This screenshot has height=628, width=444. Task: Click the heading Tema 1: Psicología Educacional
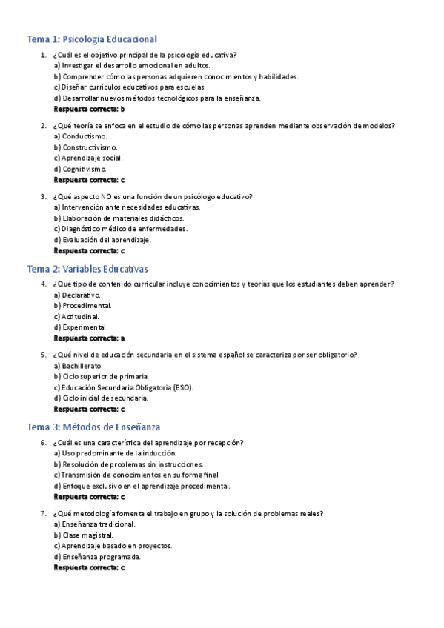pos(92,39)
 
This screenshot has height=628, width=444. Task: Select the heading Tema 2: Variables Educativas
pos(87,268)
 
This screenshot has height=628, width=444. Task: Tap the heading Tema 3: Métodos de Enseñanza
pos(93,427)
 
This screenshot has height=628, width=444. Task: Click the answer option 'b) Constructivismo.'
pos(85,147)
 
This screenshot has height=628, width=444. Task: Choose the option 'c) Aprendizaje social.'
pos(88,158)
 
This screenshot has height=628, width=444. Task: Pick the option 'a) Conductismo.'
pos(80,136)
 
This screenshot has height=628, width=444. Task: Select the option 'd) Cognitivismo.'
pos(80,169)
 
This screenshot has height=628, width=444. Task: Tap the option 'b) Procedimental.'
pos(83,305)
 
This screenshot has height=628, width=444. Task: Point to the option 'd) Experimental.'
pos(81,327)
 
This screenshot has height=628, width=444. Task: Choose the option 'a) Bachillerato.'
pos(79,366)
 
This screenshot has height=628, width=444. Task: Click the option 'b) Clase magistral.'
pos(83,535)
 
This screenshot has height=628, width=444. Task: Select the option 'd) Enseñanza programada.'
pos(97,557)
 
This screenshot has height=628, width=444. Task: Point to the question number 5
pos(44,355)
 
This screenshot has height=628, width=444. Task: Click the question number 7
pos(44,513)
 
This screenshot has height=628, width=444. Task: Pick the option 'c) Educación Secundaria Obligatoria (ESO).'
pos(123,387)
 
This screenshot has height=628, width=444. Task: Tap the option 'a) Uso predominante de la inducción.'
pos(115,453)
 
